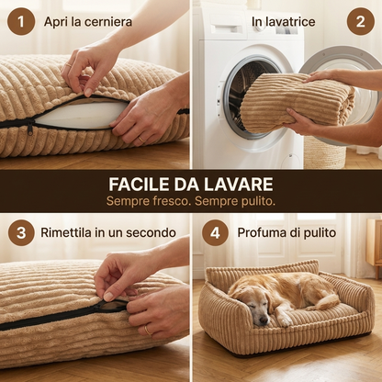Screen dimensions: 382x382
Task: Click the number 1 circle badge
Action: (20, 20)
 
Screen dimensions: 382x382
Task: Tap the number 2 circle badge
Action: (360, 20)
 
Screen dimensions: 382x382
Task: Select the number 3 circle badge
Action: (20, 232)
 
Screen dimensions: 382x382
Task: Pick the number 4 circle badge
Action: (215, 232)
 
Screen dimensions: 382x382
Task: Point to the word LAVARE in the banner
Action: (240, 183)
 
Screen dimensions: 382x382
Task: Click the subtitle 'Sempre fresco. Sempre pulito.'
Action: (190, 200)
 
